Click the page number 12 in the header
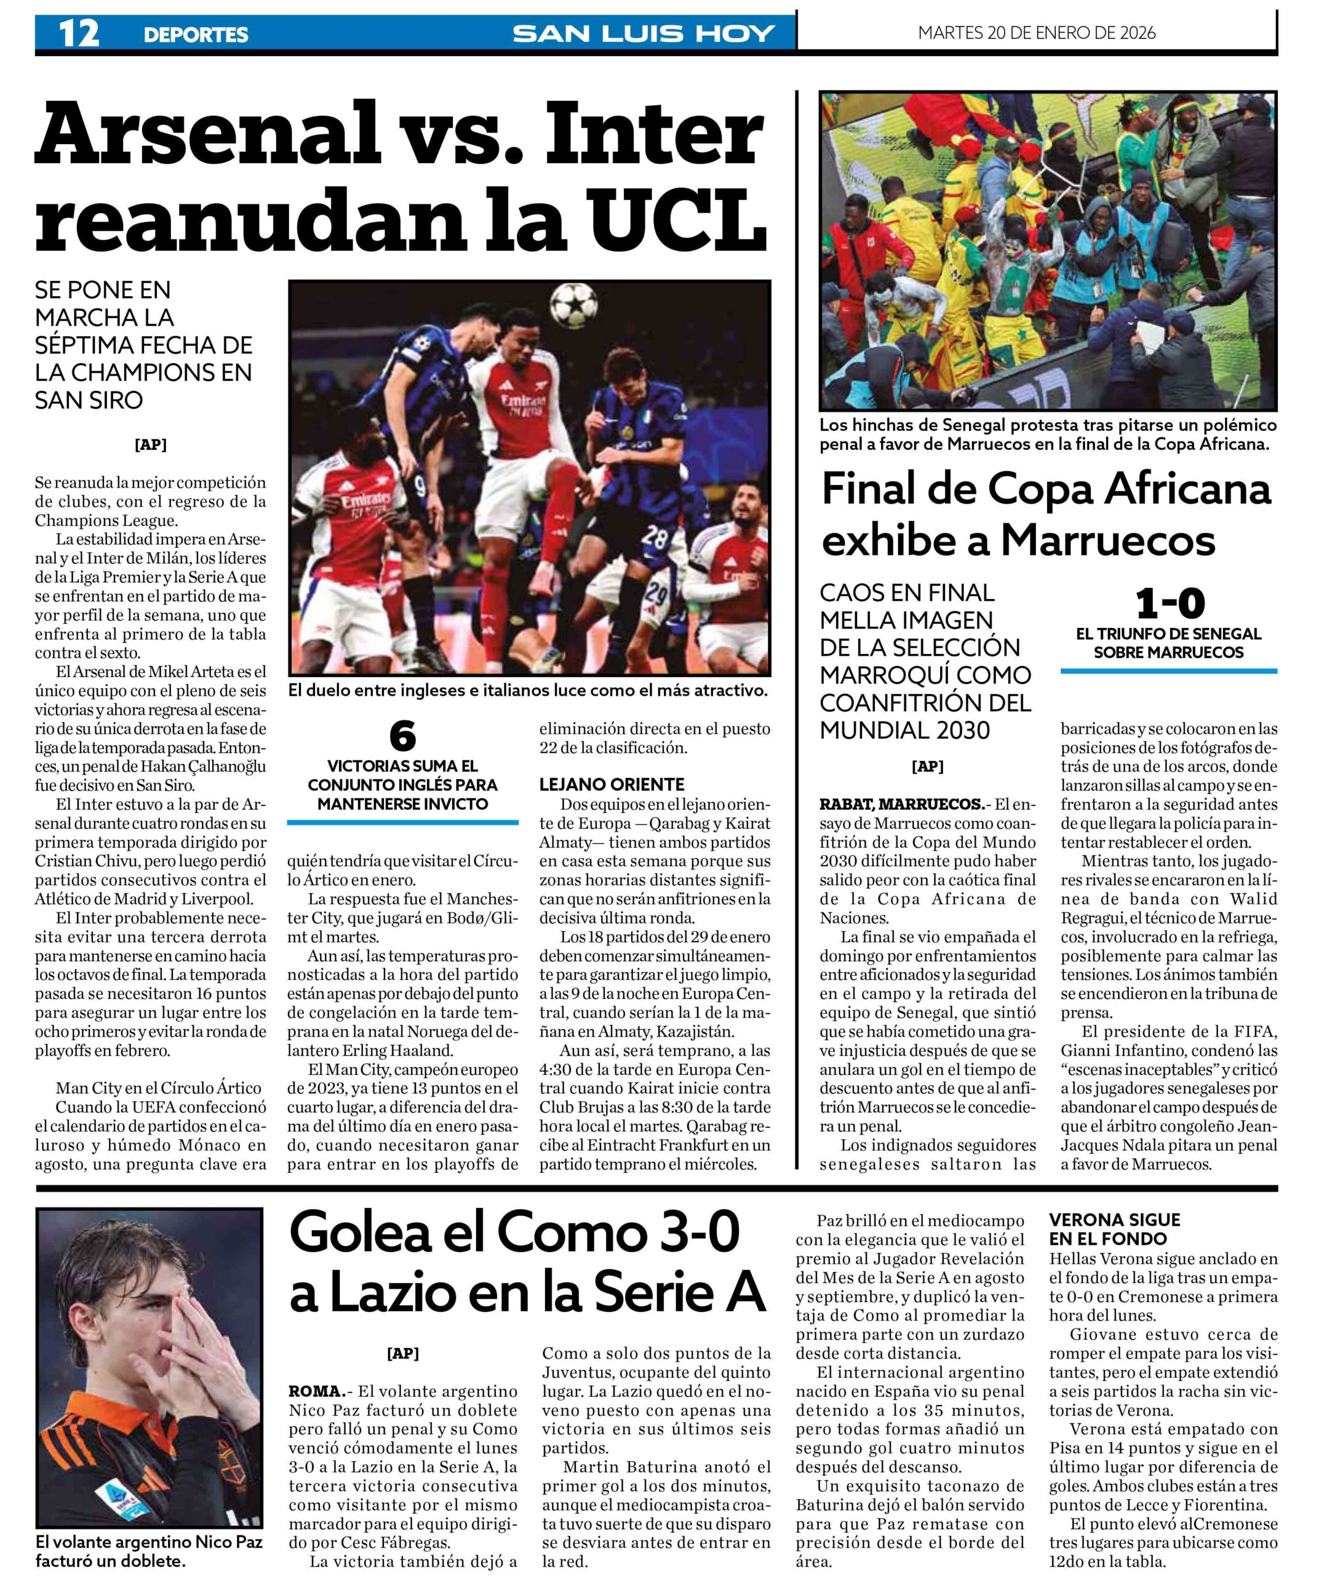[79, 33]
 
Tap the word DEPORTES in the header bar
[196, 34]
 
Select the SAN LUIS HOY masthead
[644, 33]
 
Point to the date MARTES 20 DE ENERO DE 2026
[1037, 33]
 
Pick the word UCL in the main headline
[676, 220]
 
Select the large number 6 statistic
[403, 735]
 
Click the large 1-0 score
[1170, 603]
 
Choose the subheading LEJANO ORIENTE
[612, 784]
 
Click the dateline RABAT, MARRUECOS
[901, 804]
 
